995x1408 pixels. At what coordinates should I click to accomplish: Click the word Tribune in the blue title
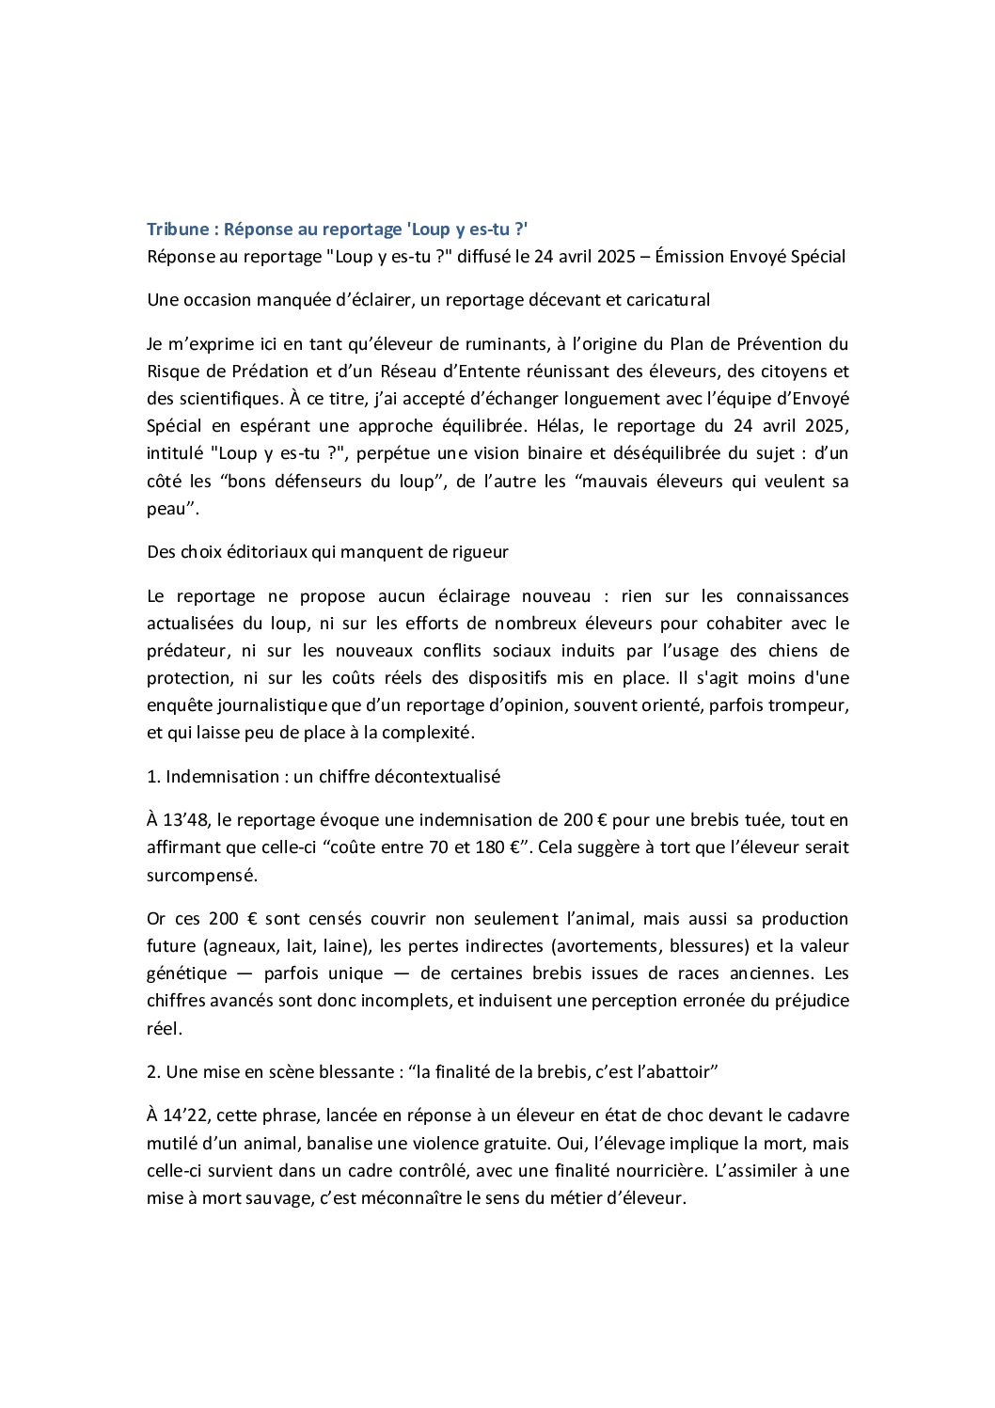point(178,229)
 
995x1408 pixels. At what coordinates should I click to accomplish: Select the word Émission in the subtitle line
point(692,257)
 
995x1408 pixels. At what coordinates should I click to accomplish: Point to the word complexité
point(427,733)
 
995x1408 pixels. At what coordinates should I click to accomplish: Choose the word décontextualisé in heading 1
point(437,777)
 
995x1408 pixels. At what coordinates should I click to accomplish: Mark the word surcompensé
point(201,876)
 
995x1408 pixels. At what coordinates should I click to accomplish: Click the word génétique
point(186,973)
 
